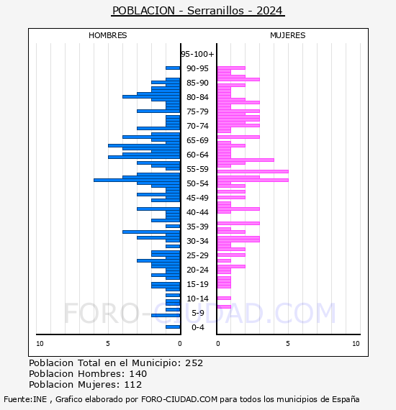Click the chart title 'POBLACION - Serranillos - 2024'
[197, 11]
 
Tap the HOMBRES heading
[107, 35]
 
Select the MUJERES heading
[288, 35]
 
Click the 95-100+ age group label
[197, 54]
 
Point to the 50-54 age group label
[197, 183]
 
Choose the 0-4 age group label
[197, 327]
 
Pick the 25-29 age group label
[197, 255]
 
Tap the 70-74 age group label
[197, 126]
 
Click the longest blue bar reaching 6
[137, 180]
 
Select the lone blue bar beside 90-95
[173, 68]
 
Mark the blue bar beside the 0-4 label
[173, 327]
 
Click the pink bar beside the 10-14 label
[224, 298]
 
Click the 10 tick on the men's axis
[40, 344]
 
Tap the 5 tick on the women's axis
[288, 344]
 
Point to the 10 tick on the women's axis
[356, 344]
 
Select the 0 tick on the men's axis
[179, 344]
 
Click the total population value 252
[194, 363]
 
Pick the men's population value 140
[138, 373]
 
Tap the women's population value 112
[133, 384]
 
